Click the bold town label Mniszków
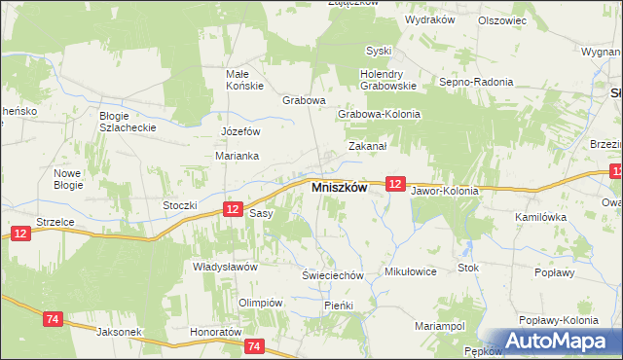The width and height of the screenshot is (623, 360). coord(338,189)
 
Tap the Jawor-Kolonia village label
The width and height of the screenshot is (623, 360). coord(445,191)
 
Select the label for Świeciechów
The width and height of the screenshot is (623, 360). coord(332,275)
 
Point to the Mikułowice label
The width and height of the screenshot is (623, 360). coord(410,271)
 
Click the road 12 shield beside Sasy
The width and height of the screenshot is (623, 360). coord(232,209)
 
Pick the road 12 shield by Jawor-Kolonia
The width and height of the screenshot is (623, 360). coord(394,183)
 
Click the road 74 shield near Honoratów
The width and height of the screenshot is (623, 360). coord(255,345)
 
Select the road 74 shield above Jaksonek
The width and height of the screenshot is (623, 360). coord(54,318)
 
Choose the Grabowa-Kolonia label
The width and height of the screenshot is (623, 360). coord(379,114)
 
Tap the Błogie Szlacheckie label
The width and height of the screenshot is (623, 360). coord(122,121)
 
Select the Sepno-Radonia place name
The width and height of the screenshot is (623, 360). coord(476,83)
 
